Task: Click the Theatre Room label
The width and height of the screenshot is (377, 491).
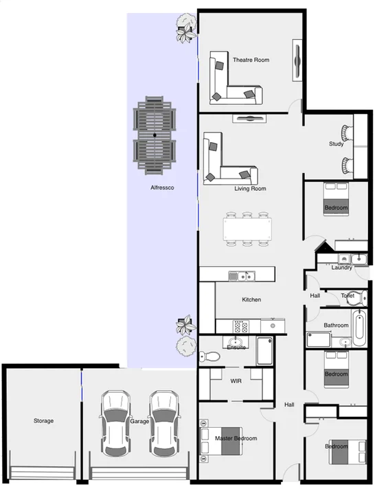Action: (251, 60)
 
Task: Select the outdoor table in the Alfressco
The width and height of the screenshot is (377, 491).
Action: (155, 135)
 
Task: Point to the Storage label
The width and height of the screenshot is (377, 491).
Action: (43, 421)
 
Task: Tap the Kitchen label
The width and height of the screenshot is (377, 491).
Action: (251, 299)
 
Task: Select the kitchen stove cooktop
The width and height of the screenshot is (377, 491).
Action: (242, 326)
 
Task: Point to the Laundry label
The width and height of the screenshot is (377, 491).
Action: (341, 267)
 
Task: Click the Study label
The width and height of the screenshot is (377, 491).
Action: (336, 144)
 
